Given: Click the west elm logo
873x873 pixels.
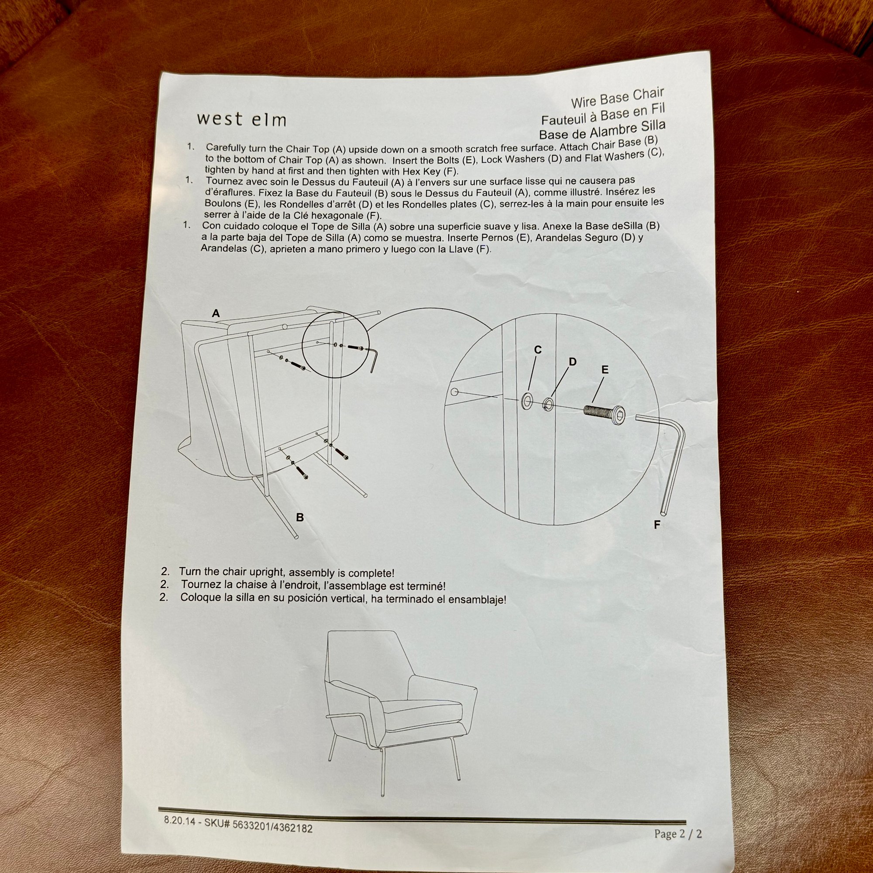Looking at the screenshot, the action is click(x=241, y=119).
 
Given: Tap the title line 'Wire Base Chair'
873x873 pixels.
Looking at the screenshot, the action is click(x=617, y=99).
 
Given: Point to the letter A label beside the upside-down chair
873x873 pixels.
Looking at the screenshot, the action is click(x=216, y=313).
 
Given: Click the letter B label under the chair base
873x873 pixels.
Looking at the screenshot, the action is click(x=299, y=518).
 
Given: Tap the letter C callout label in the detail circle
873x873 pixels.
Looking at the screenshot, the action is click(x=538, y=350).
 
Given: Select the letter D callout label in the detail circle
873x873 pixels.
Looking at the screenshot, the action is click(x=573, y=361).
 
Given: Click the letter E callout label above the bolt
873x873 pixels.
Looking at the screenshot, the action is click(x=605, y=370).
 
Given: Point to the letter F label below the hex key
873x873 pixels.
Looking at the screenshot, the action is click(x=657, y=525).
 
